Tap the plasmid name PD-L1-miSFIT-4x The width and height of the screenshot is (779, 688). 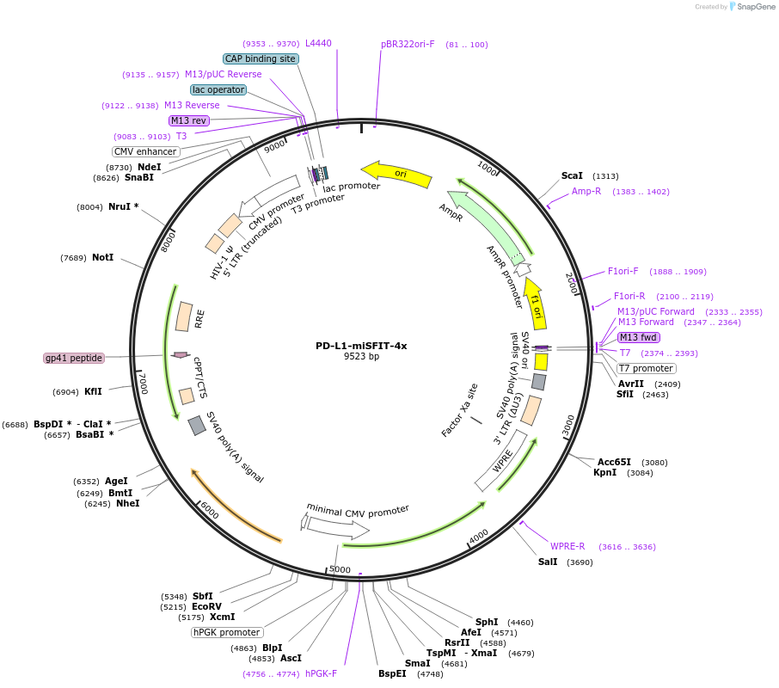pos(361,346)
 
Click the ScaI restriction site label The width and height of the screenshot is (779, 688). pos(572,175)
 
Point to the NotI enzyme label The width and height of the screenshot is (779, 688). pos(103,258)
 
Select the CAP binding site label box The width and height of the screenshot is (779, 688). pos(261,59)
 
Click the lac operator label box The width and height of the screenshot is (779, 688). pos(218,89)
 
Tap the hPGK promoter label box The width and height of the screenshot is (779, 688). pos(226,632)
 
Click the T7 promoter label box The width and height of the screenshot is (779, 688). pos(646,368)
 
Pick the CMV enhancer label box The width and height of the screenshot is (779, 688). pos(145,151)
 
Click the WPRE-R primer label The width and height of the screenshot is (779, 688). pos(567,546)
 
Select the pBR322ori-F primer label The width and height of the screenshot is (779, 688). pos(408,44)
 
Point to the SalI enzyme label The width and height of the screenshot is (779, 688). pos(548,562)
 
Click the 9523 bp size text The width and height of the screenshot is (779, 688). pos(361,356)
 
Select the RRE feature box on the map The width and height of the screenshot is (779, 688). pos(184,316)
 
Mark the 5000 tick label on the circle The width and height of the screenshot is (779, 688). pos(340,569)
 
